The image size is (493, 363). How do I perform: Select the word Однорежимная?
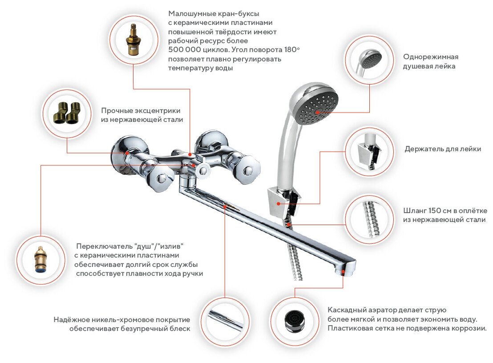[x=430, y=57]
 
